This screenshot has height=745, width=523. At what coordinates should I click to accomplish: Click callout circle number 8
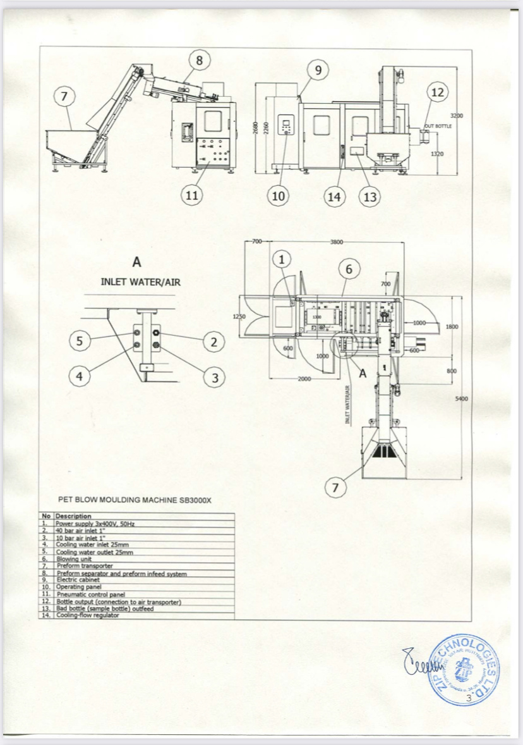point(200,61)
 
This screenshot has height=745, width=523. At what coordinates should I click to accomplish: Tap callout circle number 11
point(190,195)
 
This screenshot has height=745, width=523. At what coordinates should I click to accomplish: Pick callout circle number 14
point(334,197)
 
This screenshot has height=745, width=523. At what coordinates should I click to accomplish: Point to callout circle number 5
point(79,341)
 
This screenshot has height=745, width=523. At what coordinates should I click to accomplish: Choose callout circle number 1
point(282,258)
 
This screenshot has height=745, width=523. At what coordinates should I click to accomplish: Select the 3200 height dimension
point(457,116)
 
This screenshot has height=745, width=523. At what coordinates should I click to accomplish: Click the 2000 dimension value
point(306,378)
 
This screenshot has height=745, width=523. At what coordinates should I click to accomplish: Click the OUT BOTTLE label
point(438,126)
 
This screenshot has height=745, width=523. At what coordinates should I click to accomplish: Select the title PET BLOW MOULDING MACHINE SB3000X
point(135,500)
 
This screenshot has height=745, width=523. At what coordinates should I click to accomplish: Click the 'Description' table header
point(74,516)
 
